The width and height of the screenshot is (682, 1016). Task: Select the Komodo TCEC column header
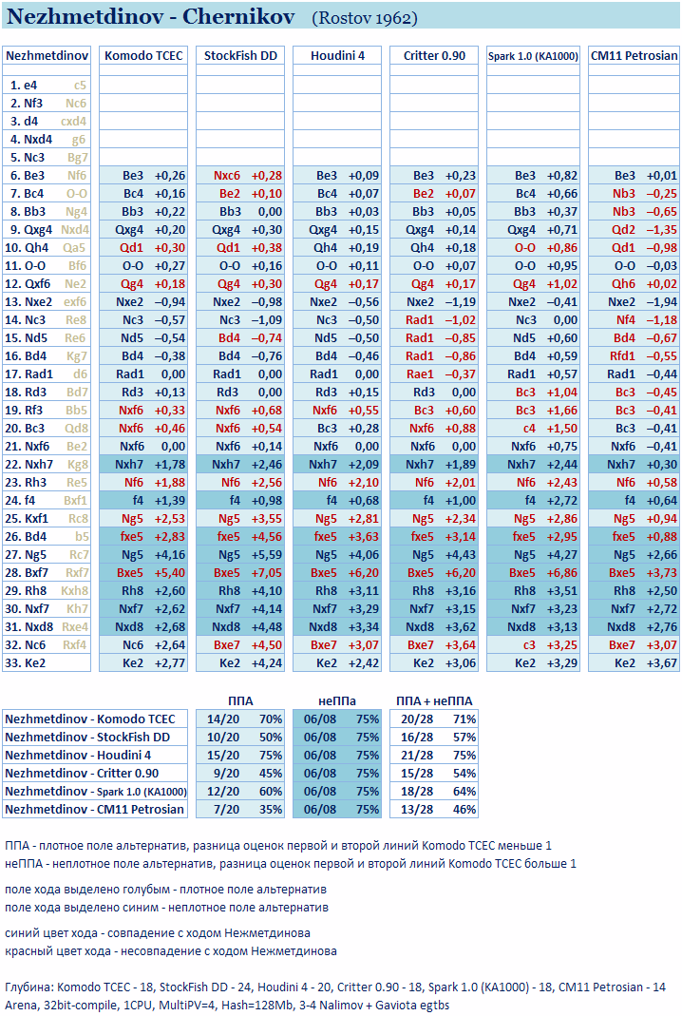(x=143, y=56)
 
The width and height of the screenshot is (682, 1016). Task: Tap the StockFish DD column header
(x=240, y=56)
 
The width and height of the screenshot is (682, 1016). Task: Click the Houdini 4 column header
(x=337, y=56)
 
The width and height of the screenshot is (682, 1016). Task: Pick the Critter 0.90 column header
(x=434, y=56)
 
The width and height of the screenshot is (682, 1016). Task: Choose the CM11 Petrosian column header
(x=634, y=56)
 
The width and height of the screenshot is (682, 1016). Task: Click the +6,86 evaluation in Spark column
(x=557, y=572)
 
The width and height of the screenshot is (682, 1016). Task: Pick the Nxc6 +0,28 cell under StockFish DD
(x=240, y=176)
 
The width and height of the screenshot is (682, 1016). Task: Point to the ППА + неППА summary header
(x=434, y=700)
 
